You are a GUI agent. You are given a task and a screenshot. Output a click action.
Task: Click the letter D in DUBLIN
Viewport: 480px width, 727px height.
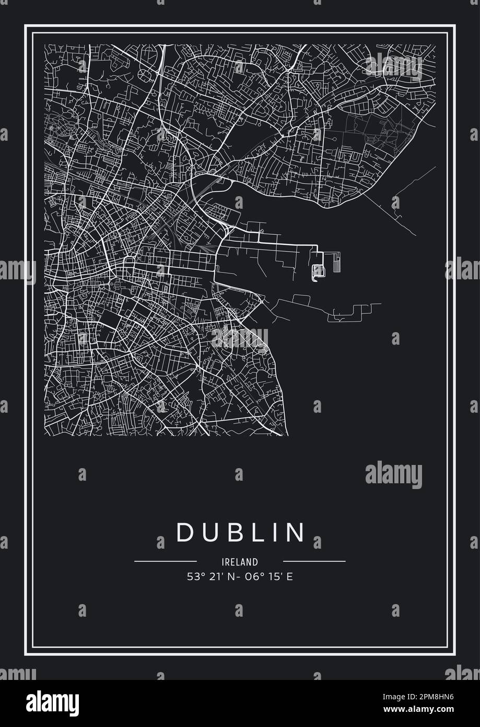tap(186, 532)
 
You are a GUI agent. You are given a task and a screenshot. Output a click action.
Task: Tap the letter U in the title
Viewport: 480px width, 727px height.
tap(210, 532)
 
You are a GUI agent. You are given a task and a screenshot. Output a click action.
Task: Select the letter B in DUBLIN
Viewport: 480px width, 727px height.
tap(233, 532)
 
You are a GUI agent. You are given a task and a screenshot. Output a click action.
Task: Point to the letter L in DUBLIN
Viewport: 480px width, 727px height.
tap(256, 532)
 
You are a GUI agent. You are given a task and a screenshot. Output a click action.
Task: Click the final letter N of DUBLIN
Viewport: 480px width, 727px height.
tap(296, 532)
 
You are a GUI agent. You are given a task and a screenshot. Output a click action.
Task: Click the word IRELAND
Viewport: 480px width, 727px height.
tap(240, 562)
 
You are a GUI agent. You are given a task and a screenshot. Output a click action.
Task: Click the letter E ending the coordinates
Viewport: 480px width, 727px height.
tap(289, 577)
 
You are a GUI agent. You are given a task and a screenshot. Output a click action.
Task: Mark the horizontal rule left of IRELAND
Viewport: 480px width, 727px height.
tap(165, 562)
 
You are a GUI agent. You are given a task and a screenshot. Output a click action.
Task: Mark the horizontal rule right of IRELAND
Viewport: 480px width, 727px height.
tap(314, 562)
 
